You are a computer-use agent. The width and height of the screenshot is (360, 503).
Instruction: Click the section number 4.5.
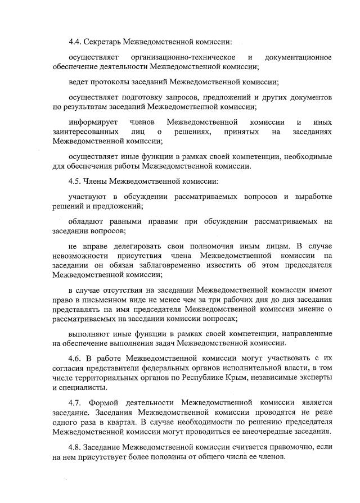pos(76,181)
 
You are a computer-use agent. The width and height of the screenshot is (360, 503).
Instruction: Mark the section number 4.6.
pos(76,358)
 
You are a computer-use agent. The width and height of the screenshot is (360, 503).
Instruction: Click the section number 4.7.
pos(76,402)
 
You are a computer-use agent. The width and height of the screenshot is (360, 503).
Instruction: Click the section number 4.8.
pos(76,447)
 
